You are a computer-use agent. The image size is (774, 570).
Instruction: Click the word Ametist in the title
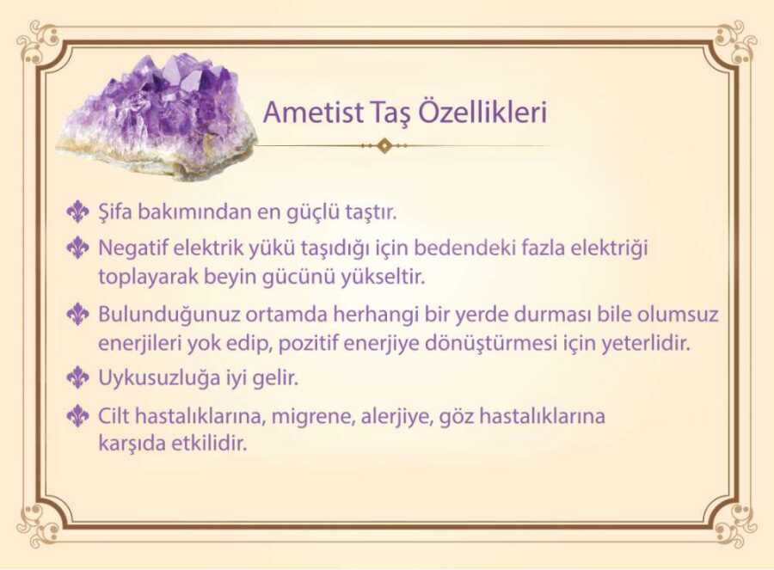[313, 112]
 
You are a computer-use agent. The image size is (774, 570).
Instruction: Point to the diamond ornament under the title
[384, 145]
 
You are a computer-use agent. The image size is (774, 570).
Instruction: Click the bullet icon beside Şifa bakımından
[77, 211]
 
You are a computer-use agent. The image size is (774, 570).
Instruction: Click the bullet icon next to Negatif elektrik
[77, 248]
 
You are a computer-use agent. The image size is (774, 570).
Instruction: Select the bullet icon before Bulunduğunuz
[77, 314]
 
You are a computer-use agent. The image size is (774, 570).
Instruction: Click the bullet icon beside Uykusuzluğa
[77, 377]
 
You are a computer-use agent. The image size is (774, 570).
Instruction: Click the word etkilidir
[208, 443]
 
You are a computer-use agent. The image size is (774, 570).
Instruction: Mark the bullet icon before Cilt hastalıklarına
[77, 415]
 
